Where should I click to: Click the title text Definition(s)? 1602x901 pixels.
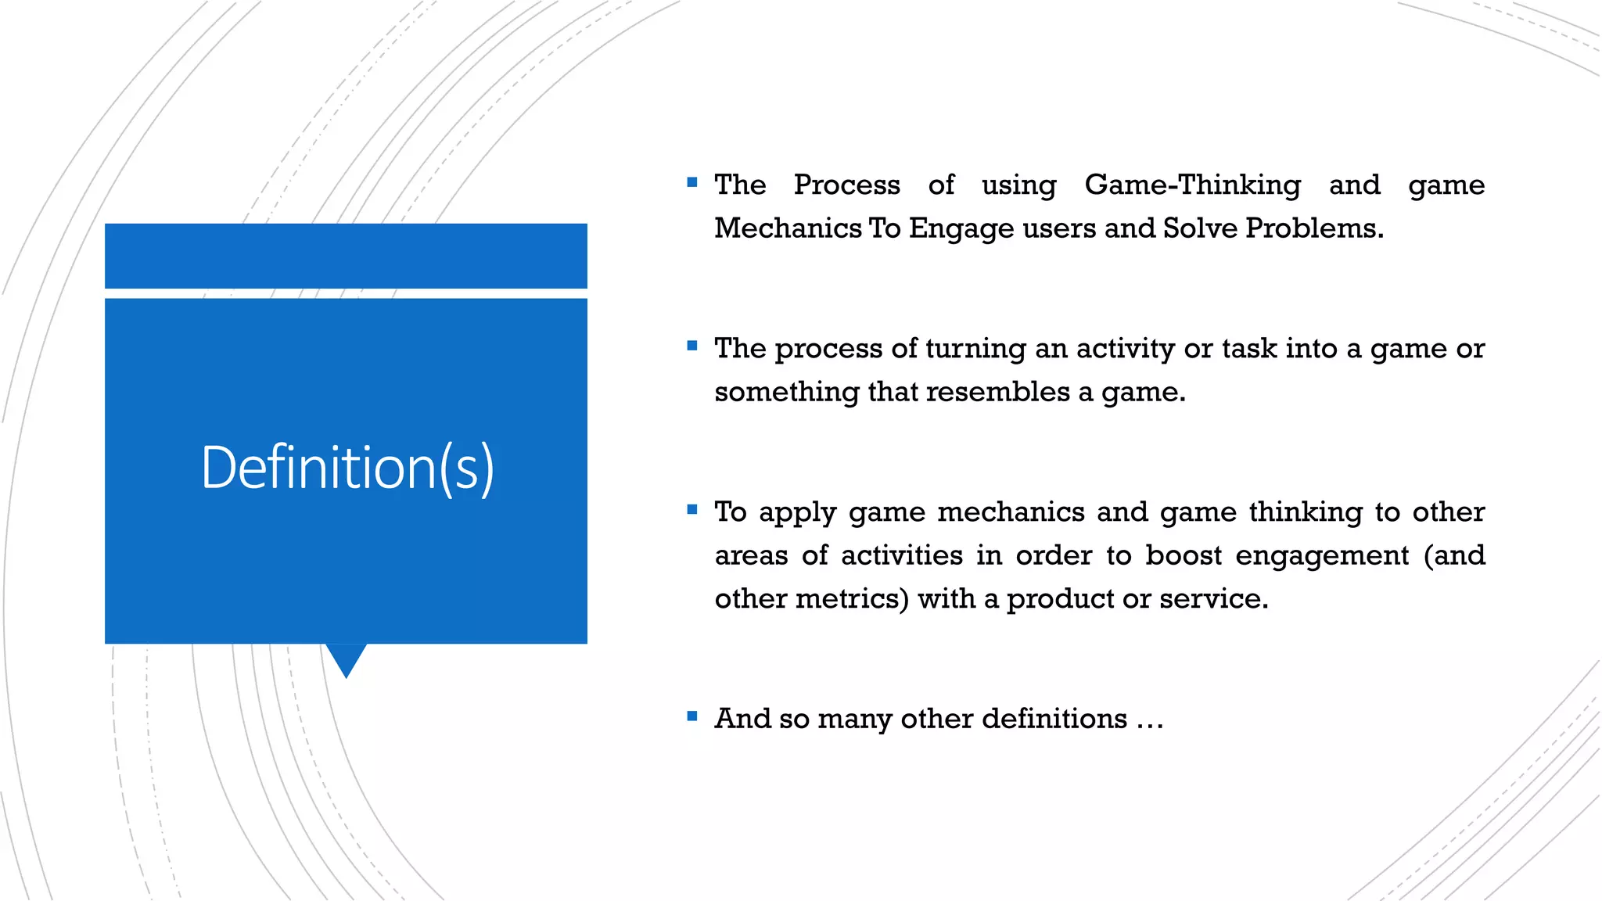(347, 468)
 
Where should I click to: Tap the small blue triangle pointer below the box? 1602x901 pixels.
(346, 659)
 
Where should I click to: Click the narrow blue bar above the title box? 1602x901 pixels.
(346, 256)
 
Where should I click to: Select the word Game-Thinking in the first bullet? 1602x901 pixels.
(1192, 185)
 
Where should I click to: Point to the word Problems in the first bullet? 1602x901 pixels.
(1313, 228)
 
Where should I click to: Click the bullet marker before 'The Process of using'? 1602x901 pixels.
(691, 182)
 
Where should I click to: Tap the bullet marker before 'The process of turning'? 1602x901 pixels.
(691, 346)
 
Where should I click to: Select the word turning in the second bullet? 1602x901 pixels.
(975, 349)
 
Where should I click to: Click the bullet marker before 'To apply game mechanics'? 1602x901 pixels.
(691, 509)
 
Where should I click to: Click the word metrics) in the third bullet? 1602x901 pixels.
(852, 599)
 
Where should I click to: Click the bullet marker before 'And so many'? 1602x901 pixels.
(691, 716)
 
